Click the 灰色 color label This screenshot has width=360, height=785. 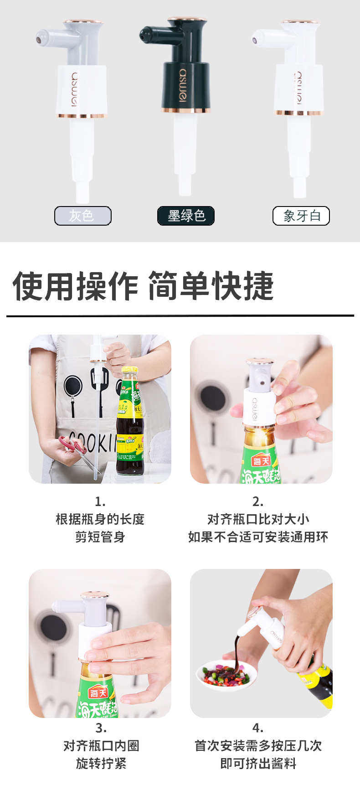[82, 216]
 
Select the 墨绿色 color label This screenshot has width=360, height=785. [186, 216]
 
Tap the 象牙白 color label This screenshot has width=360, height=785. [301, 216]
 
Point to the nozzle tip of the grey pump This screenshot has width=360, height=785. [40, 39]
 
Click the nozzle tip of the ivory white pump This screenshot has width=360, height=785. [255, 40]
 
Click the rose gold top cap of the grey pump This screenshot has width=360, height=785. [82, 21]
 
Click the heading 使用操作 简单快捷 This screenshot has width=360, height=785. [143, 286]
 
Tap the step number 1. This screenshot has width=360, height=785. [100, 501]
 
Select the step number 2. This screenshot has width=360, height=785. [258, 501]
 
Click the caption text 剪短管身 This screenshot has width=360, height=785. [100, 537]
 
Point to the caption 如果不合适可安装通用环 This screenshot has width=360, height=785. [258, 537]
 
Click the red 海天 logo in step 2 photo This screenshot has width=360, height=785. [262, 461]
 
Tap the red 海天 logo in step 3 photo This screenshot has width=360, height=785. [98, 693]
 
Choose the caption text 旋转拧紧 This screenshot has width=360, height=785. [101, 763]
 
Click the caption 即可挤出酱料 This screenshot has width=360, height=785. [258, 763]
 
